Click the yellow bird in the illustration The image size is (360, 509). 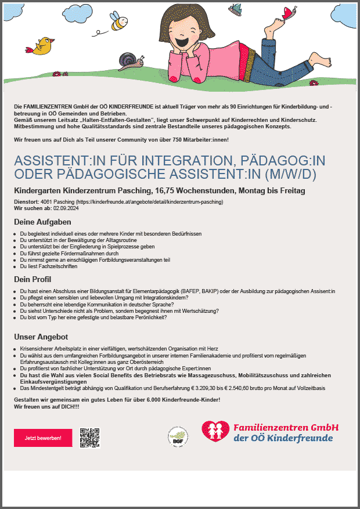click(x=44, y=46)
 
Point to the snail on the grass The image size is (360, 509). click(x=128, y=61)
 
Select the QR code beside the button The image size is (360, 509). click(x=90, y=438)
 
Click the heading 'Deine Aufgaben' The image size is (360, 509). click(x=42, y=222)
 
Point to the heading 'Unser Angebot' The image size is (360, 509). click(x=41, y=337)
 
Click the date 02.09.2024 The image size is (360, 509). click(x=66, y=207)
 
